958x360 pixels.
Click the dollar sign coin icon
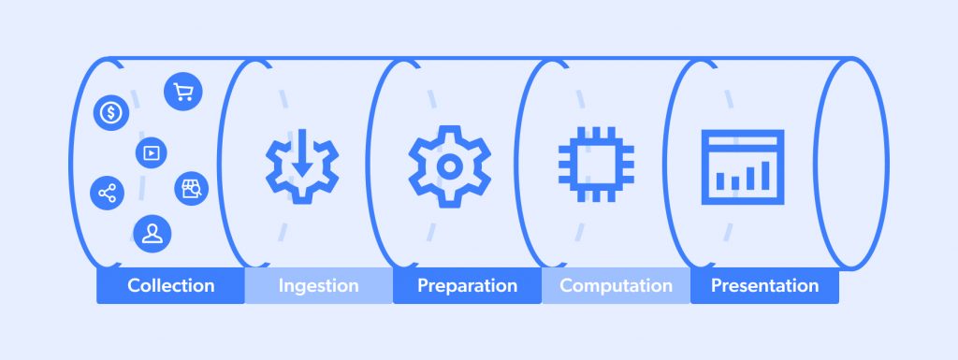tap(111, 114)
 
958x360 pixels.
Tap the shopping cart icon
tap(183, 91)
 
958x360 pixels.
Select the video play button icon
tap(149, 151)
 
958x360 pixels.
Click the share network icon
tap(107, 194)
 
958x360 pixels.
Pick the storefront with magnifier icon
tap(192, 188)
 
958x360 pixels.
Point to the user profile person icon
tap(151, 233)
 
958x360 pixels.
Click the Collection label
tap(171, 285)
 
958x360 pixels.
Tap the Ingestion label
tap(318, 285)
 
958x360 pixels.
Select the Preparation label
tap(467, 285)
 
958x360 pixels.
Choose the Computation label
tap(616, 285)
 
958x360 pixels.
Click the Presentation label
tap(764, 285)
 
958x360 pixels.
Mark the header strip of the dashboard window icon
tap(742, 140)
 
